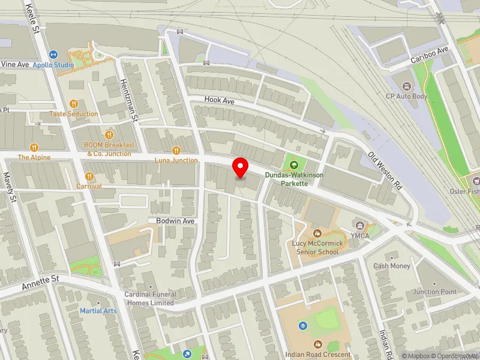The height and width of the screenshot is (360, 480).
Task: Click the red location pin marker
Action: [241, 167]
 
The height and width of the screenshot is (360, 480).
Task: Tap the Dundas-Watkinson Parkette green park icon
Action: [294, 165]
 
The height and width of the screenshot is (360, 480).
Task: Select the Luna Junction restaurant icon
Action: [176, 151]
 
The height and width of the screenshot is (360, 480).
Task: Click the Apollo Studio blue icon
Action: [53, 55]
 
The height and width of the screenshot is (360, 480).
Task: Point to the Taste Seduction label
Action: [74, 114]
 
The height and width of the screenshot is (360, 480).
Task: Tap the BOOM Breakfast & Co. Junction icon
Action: [109, 134]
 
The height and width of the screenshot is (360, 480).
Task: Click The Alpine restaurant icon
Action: [34, 147]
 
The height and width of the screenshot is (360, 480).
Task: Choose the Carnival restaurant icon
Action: [89, 176]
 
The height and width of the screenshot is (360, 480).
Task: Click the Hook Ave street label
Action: [218, 100]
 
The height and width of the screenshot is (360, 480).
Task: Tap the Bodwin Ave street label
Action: [176, 221]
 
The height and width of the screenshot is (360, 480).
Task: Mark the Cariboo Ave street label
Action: [430, 57]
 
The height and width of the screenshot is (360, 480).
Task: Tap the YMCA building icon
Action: [360, 225]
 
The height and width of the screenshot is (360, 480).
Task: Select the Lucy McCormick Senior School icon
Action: [317, 233]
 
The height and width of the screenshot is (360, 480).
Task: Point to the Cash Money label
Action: [391, 266]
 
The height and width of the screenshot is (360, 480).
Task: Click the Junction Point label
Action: [434, 292]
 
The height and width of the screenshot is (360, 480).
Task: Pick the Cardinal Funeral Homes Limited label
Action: [150, 298]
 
